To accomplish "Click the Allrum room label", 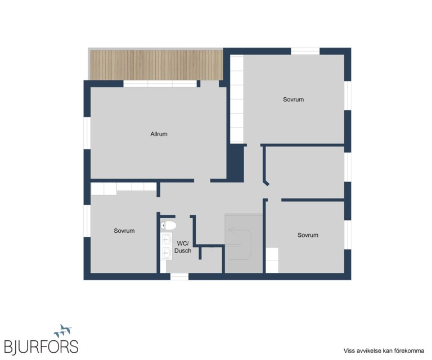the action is coord(159,134).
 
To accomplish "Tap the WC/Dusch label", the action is coord(183,247).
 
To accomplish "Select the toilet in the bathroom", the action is coord(168,226).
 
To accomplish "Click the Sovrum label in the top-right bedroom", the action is coord(293,100).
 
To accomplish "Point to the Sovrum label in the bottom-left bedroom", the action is coord(124,231).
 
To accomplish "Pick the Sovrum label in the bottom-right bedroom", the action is coord(308,235).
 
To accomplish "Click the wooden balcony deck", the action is coord(156,65).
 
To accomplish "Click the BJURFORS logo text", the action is coord(41,346).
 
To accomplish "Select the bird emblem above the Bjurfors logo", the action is coord(63,331).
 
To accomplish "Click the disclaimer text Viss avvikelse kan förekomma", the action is coord(384,351).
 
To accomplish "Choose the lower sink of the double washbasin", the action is coord(166,253).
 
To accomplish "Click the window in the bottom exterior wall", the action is coord(179,277).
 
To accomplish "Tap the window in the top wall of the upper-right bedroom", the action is coord(305,51).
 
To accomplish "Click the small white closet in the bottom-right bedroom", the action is coord(272,260).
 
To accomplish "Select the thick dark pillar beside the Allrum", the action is coord(236,163).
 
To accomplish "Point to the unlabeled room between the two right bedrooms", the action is coord(305,172).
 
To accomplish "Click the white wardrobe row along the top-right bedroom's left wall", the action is coord(237,98).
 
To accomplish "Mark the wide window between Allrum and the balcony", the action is coord(160,84).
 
